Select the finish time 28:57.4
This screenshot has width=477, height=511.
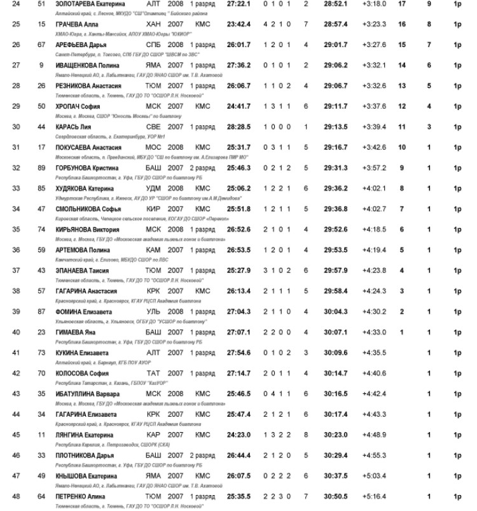point(335,24)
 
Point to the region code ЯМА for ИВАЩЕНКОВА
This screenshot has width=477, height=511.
point(153,65)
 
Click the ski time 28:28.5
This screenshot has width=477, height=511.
point(238,126)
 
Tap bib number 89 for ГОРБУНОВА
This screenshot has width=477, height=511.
point(42,167)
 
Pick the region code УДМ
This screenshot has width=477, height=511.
point(153,188)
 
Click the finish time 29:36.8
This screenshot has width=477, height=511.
point(335,208)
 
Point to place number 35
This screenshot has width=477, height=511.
point(17,229)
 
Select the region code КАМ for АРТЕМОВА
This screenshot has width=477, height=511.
point(153,249)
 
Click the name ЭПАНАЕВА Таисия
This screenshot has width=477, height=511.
point(81,270)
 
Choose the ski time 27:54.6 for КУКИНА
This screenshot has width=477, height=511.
point(238,352)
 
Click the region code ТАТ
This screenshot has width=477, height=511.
point(153,373)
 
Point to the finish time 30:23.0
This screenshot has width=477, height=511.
point(335,434)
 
